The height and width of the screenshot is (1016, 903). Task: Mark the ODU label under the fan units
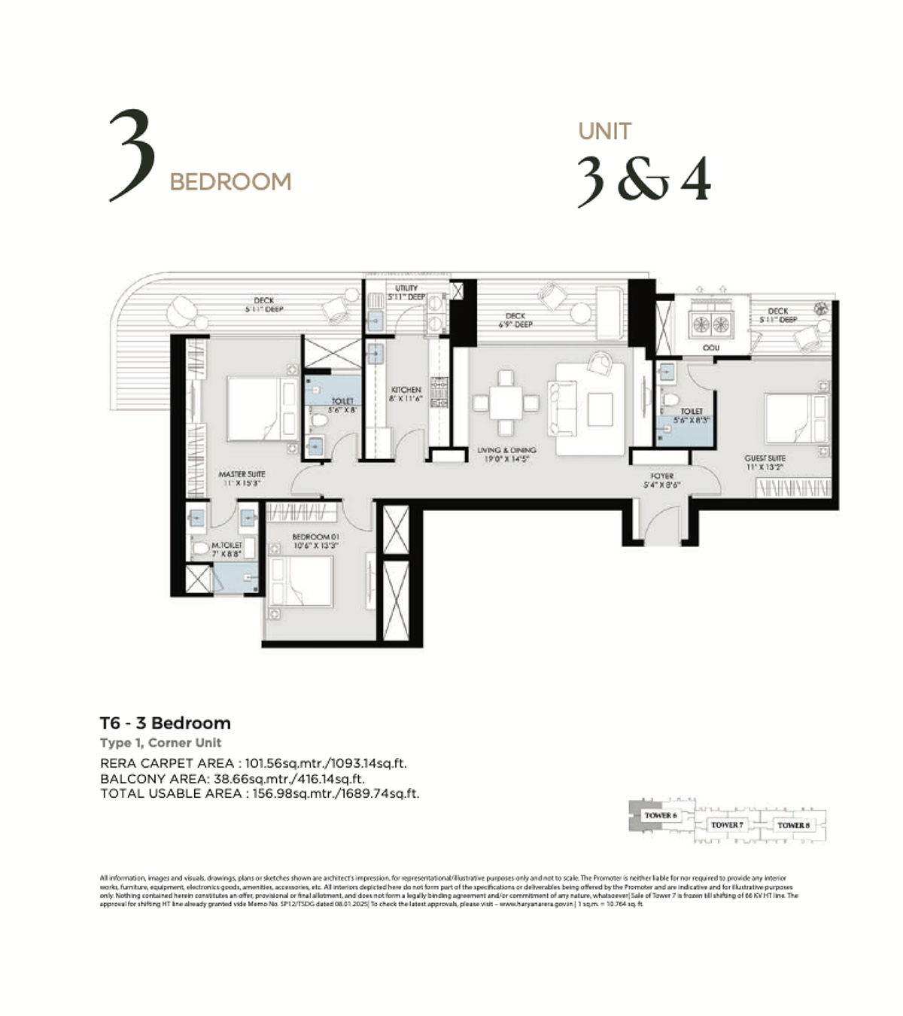coord(710,348)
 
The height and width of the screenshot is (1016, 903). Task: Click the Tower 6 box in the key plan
coord(660,816)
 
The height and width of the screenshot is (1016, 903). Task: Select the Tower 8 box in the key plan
coord(793,825)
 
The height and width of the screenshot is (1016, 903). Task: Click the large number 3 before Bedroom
coord(132,157)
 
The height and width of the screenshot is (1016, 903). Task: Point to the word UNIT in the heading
coord(604,132)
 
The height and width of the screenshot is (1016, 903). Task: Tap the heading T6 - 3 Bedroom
coord(166,723)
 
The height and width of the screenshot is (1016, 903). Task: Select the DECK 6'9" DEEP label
coord(515,320)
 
